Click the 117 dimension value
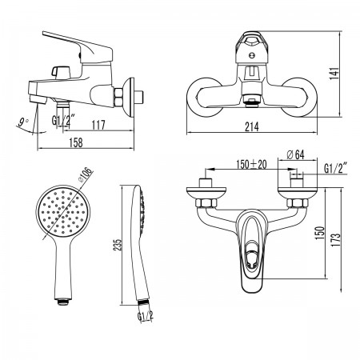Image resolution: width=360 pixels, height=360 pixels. [x=98, y=125]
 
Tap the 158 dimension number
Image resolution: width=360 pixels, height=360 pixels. [x=76, y=142]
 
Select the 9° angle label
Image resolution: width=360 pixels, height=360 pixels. [x=22, y=122]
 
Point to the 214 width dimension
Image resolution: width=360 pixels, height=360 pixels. [x=252, y=126]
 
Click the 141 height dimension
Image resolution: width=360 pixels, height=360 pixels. [x=334, y=74]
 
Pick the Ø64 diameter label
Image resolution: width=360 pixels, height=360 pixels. [x=295, y=154]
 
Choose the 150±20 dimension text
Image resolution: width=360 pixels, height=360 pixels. [x=251, y=164]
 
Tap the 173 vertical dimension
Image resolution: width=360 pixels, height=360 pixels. [x=337, y=239]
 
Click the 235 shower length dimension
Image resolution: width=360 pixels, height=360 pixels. [x=118, y=244]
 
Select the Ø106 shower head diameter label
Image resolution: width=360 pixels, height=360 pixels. [x=86, y=174]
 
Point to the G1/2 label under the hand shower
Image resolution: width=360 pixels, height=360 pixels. [x=146, y=316]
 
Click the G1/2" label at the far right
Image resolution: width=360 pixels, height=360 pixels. [x=335, y=168]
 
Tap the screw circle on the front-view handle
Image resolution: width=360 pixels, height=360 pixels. [x=251, y=55]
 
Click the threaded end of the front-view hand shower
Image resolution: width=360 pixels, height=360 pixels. [x=63, y=302]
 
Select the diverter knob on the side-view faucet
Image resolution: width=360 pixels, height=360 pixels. [x=60, y=72]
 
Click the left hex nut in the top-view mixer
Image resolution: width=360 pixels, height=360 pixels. [x=206, y=203]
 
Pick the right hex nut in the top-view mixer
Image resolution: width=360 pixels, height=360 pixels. [x=298, y=203]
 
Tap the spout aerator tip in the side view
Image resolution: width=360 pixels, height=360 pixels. [x=38, y=100]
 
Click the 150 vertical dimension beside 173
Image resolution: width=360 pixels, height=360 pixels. [x=320, y=233]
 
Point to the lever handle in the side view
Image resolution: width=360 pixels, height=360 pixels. [x=80, y=47]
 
